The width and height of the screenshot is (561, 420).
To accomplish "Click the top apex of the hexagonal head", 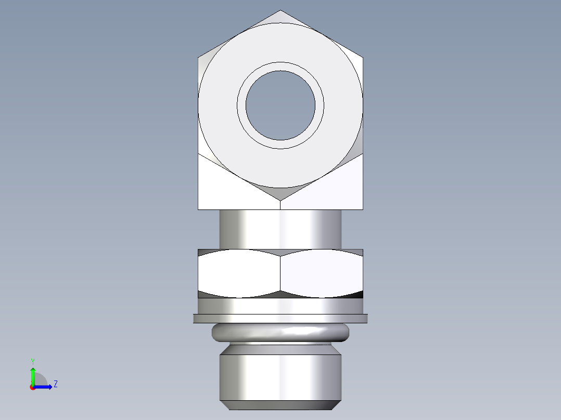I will (280, 12).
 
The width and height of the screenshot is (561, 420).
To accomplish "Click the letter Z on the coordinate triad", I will (55, 384).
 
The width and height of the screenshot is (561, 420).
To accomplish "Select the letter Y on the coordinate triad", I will (32, 361).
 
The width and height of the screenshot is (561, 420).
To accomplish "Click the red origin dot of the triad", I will (32, 387).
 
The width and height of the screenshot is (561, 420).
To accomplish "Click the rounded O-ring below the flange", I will (280, 332).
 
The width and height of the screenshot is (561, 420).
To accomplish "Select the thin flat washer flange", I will (280, 318).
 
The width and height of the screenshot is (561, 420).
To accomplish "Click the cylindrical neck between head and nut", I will (280, 229).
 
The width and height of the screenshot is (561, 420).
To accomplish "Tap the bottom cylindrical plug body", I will (280, 377).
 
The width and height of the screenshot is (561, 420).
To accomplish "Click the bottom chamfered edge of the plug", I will (280, 404).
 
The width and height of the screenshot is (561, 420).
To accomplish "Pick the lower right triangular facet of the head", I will (333, 187).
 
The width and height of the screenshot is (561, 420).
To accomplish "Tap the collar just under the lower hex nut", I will (280, 306).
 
